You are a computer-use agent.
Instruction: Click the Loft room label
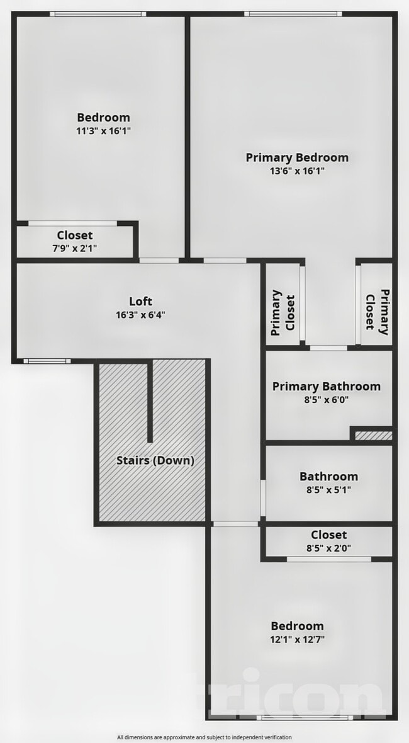[x=140, y=301]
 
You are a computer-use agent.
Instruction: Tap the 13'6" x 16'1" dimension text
[x=296, y=171]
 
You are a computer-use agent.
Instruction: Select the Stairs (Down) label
[x=155, y=460]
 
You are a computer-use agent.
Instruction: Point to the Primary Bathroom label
[x=326, y=386]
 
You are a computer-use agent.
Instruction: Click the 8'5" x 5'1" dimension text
[x=328, y=490]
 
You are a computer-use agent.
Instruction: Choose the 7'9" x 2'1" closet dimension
[x=75, y=248]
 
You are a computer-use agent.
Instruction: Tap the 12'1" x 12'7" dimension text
[x=297, y=640]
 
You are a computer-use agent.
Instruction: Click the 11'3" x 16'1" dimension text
[x=103, y=131]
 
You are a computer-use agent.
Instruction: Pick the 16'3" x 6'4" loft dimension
[x=140, y=315]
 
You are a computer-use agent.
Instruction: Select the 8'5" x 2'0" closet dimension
[x=328, y=548]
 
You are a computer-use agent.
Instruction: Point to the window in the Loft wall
[x=47, y=361]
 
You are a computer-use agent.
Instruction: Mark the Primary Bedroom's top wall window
[x=293, y=14]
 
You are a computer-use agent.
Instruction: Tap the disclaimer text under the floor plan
[x=204, y=737]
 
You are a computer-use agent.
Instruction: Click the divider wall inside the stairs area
[x=150, y=402]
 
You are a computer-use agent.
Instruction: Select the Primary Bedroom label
[x=296, y=157]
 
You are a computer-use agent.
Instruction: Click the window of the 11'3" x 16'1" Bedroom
[x=98, y=14]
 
